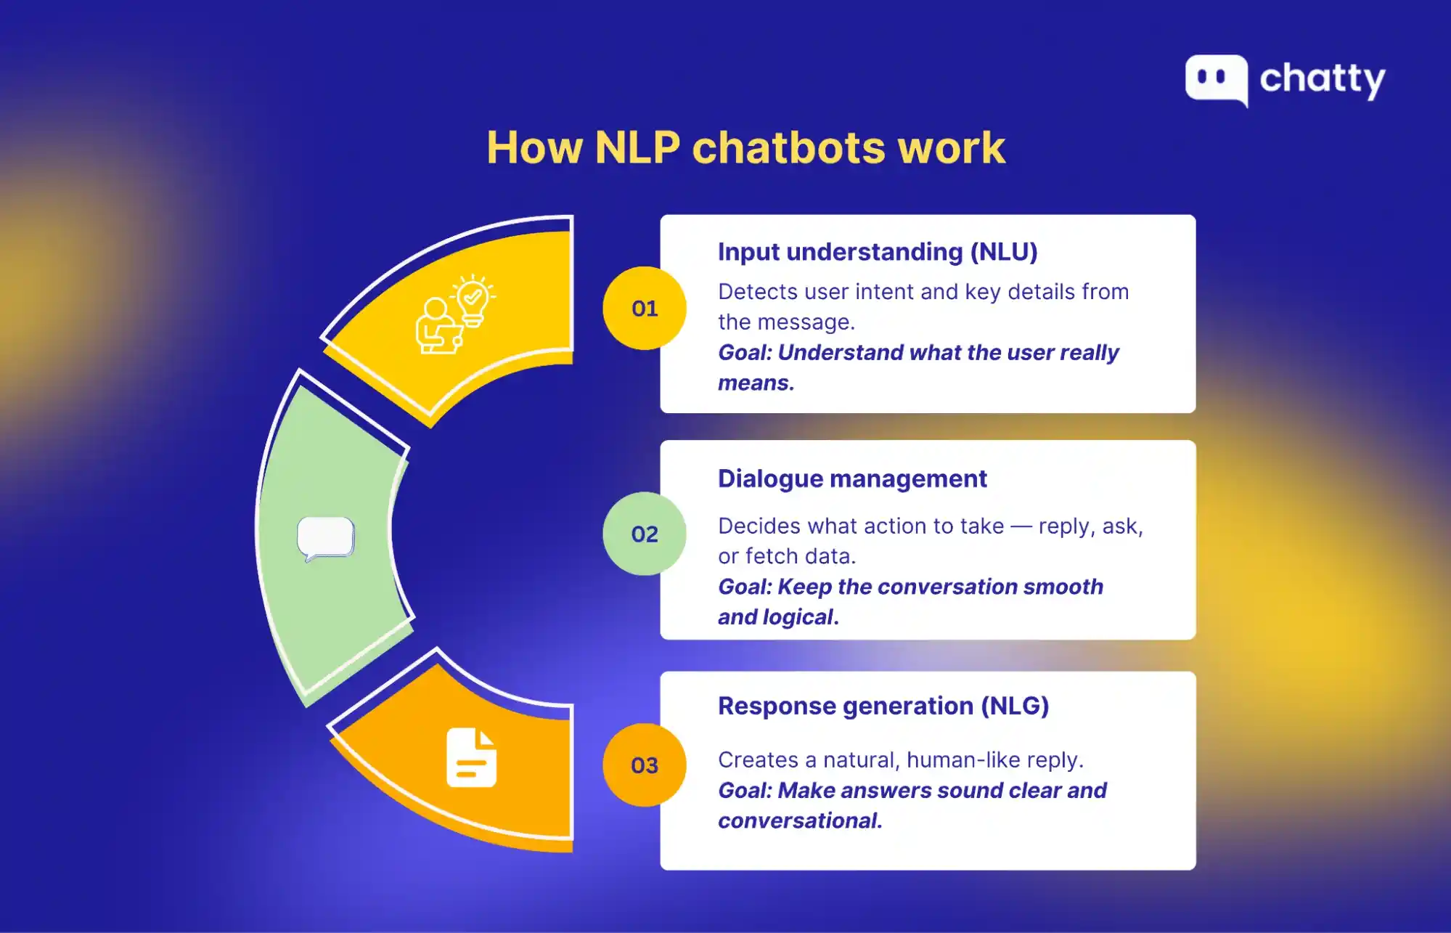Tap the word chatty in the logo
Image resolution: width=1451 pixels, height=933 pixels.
[x=1323, y=79]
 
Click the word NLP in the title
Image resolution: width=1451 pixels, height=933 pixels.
[x=637, y=147]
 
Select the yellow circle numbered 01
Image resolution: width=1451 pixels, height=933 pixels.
[x=644, y=309]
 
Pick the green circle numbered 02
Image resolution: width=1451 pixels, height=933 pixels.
[x=644, y=534]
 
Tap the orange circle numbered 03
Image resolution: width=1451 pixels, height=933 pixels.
[x=644, y=765]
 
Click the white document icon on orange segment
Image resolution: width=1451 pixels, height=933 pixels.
[x=472, y=757]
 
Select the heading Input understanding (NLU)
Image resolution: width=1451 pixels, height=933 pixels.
[x=878, y=252]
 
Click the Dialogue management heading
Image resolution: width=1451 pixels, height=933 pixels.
[x=852, y=479]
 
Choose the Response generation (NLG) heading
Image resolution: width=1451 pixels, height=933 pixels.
[x=883, y=706]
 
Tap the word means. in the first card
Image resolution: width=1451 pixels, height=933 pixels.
[x=756, y=383]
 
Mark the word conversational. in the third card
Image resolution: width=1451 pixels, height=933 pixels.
[x=800, y=821]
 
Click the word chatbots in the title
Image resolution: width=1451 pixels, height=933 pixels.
[x=789, y=147]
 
